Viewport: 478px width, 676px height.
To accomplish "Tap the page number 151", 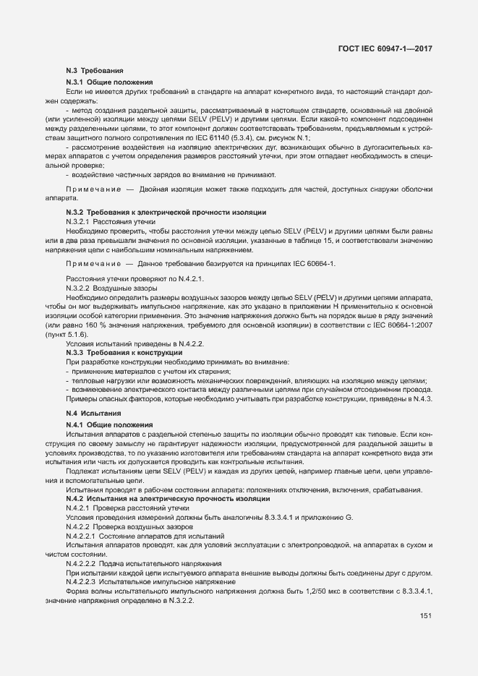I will click(x=425, y=616).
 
